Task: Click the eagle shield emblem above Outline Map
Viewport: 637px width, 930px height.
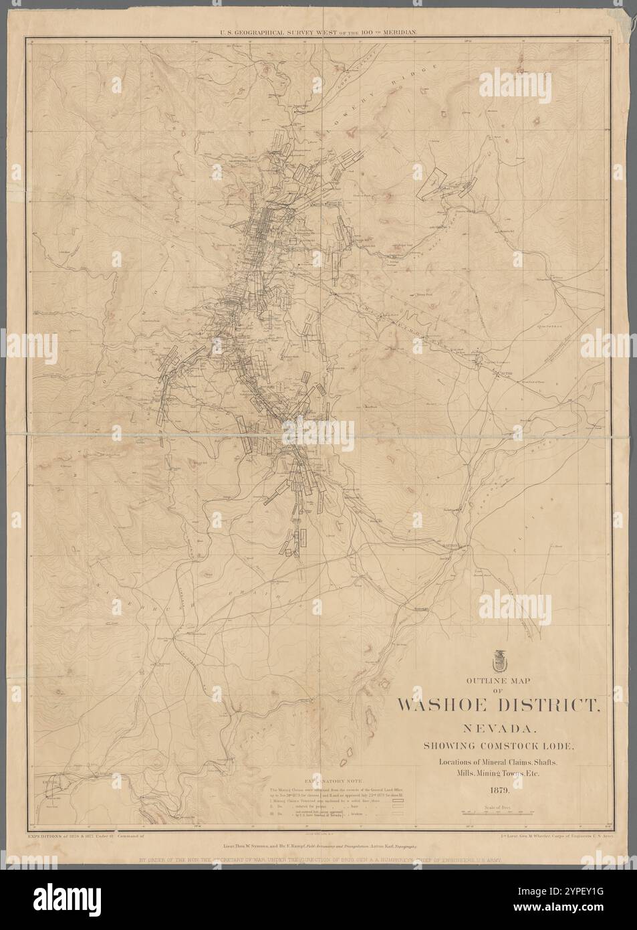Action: (x=497, y=663)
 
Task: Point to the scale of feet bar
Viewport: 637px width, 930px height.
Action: (x=495, y=812)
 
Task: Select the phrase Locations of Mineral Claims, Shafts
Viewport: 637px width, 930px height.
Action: (x=496, y=763)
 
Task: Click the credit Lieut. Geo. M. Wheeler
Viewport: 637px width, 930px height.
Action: (x=557, y=836)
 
